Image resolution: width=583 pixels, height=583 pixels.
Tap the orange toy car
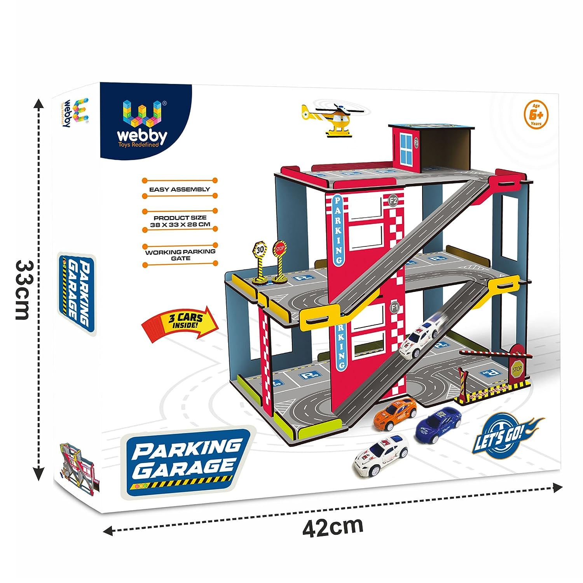tap(395, 414)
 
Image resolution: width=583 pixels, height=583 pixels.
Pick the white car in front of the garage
tap(381, 455)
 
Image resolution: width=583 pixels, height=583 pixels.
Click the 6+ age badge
tap(536, 115)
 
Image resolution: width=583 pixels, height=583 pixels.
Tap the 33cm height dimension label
tap(27, 290)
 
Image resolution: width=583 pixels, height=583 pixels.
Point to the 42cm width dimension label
tap(333, 527)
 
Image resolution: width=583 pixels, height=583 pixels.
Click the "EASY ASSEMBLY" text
tap(180, 189)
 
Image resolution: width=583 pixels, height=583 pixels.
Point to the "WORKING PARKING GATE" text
tap(180, 255)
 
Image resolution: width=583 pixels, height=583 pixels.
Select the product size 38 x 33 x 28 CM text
tap(180, 221)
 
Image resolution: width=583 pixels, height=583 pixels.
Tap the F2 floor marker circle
tap(393, 201)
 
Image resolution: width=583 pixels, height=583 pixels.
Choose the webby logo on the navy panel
tap(142, 122)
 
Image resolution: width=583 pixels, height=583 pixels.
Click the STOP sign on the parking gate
tap(517, 369)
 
